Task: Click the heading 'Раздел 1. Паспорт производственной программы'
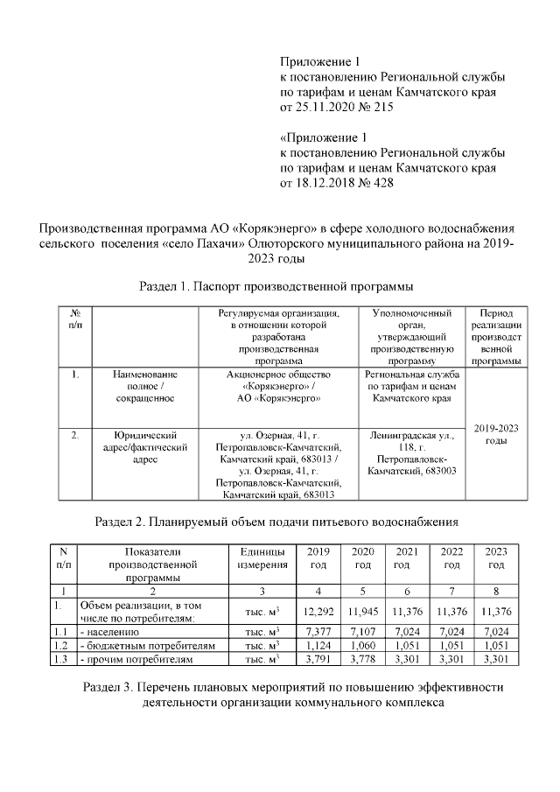click(x=276, y=286)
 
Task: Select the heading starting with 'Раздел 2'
click(x=276, y=522)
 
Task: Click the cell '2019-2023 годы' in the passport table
click(x=495, y=434)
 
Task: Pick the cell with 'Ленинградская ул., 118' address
click(x=411, y=452)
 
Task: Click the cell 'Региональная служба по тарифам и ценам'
click(x=411, y=385)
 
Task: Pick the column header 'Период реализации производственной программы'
click(x=495, y=336)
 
